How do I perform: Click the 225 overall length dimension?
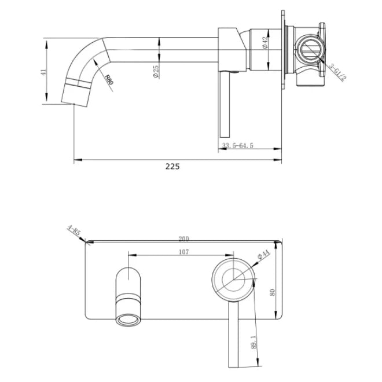pos(172,166)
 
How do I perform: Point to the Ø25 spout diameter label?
pos(156,71)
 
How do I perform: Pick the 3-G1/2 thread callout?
pos(335,71)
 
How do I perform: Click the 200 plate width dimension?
pos(184,238)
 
